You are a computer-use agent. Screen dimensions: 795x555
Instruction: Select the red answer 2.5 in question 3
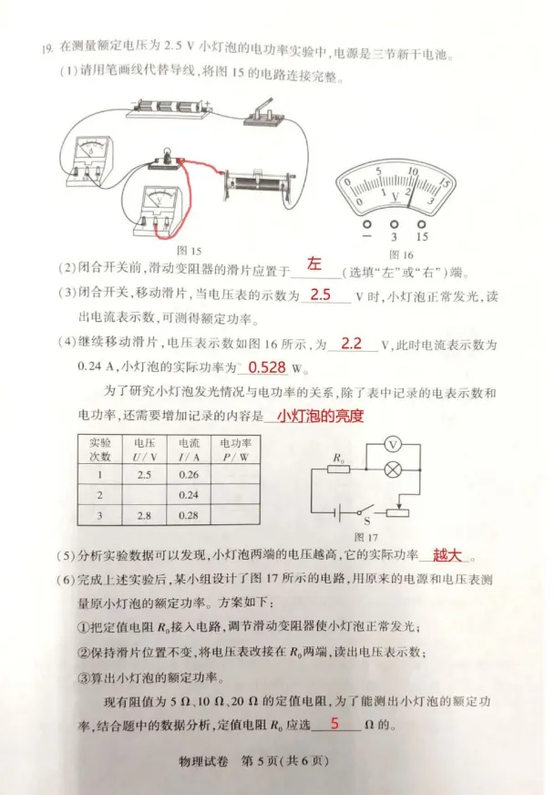(321, 295)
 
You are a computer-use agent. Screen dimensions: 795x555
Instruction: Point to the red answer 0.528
(267, 367)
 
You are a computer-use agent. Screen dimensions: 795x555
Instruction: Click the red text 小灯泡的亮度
(315, 417)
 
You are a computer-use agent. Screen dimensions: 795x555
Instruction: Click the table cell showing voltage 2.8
(144, 515)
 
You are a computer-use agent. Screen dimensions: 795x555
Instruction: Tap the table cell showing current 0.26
(189, 474)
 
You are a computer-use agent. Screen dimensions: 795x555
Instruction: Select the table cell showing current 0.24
(189, 495)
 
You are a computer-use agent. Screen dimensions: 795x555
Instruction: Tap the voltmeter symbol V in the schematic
(394, 443)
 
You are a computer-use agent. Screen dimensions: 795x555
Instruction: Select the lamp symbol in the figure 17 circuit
(395, 470)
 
